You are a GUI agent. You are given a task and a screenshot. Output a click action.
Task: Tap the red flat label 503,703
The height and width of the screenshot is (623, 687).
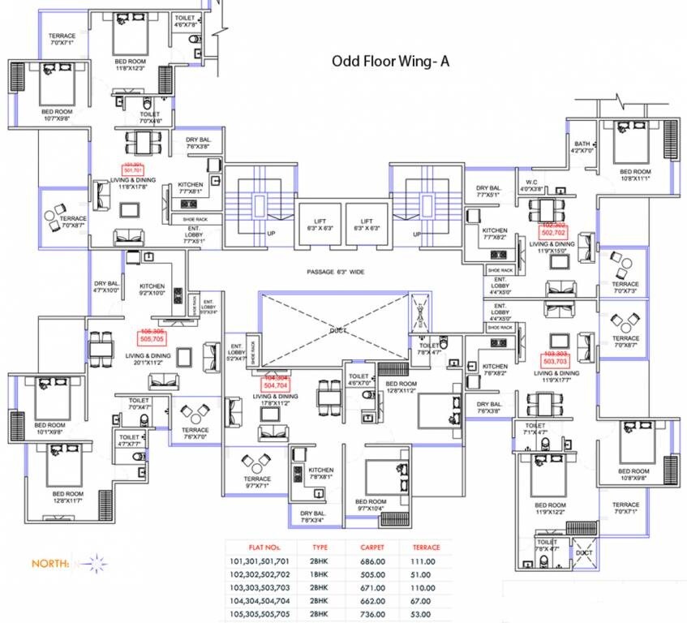[555, 359]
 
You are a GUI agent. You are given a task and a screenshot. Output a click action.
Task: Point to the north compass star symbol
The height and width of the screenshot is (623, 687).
[95, 561]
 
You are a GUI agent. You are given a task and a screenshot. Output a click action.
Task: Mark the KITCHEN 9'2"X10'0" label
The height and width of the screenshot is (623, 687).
[152, 290]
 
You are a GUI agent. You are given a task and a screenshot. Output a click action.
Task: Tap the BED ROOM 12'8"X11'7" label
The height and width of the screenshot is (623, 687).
[68, 497]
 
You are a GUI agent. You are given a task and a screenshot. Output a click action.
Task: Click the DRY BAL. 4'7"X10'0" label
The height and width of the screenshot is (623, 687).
[106, 286]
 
